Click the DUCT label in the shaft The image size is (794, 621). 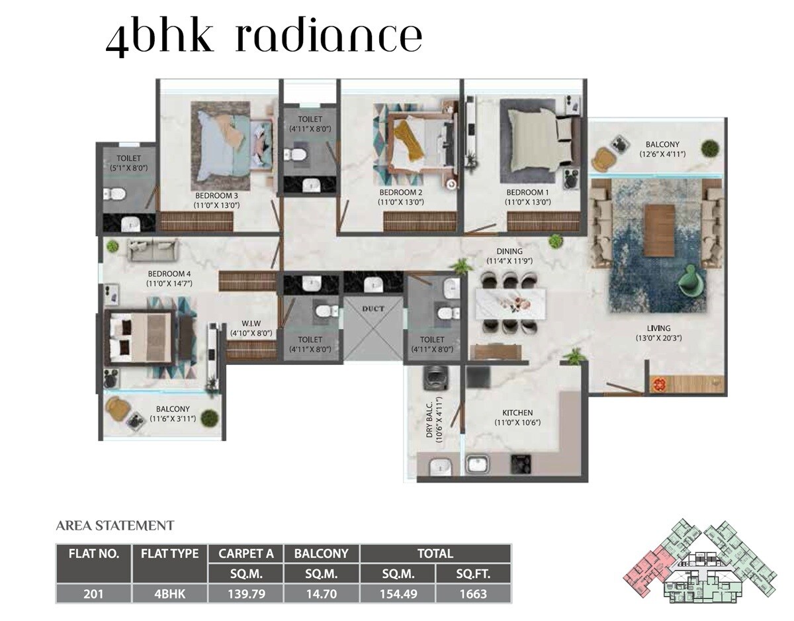pos(373,309)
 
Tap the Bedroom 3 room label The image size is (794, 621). pos(216,196)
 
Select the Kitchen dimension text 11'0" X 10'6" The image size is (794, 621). pos(517,422)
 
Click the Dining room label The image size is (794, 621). pos(509,252)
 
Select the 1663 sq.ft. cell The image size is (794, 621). pos(472,594)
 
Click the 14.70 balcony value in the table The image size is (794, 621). pos(321,594)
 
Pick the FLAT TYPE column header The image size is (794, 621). pos(169,553)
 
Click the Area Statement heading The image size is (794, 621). pos(115,526)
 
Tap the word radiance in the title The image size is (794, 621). pos(328,38)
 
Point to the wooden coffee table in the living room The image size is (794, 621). pos(659,230)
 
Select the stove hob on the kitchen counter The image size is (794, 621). pos(520,465)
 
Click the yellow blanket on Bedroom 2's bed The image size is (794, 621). pos(409,141)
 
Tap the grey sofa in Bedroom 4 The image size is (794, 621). pos(153,250)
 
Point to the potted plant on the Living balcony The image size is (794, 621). pos(709,148)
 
